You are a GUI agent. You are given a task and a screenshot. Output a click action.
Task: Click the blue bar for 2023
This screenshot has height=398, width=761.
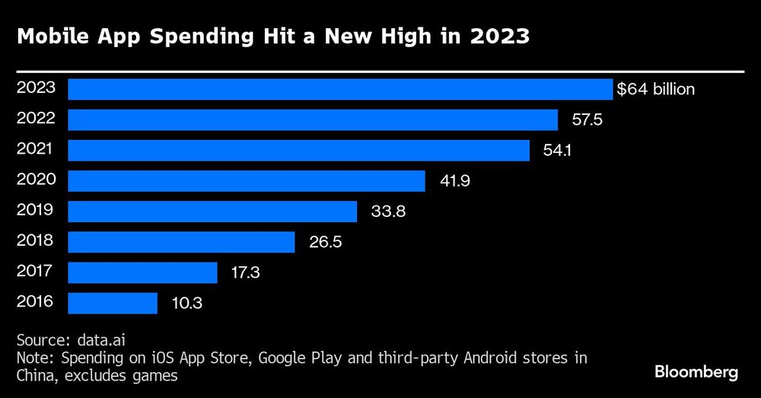pos(340,89)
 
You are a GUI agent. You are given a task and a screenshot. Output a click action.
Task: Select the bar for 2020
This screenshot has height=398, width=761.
pos(247,180)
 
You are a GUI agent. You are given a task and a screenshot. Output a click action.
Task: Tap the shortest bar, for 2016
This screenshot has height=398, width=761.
pos(113,303)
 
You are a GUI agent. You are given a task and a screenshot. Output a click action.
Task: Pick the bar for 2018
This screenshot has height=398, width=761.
pos(181,242)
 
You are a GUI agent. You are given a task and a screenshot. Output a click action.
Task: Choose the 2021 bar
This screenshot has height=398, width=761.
pos(299,150)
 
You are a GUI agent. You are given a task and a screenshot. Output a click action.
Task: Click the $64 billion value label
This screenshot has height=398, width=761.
pos(655,89)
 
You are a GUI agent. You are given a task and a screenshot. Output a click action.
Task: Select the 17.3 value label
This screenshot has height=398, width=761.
pos(245,272)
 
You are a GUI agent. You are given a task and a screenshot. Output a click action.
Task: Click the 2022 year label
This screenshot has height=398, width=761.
pos(36,119)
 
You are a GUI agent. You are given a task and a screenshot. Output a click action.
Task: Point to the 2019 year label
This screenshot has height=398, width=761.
pos(36,210)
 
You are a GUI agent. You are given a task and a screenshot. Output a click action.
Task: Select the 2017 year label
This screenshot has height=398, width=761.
pos(36,271)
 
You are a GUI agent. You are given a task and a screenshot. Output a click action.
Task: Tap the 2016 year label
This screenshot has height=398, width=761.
pos(36,301)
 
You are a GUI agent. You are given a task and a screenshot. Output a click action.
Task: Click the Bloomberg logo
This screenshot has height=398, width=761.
pos(696,372)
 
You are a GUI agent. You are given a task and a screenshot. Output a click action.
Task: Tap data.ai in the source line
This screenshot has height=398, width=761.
pos(102,339)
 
